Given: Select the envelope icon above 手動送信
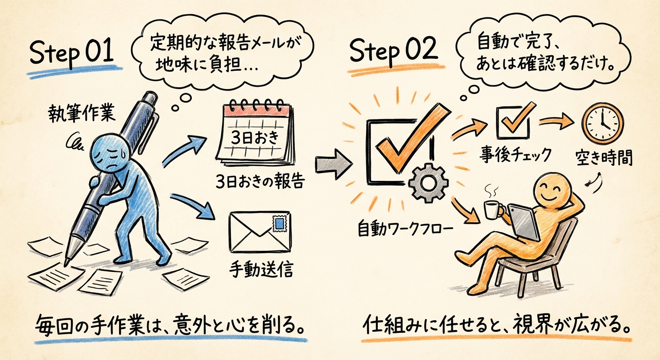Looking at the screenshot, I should [x=259, y=232].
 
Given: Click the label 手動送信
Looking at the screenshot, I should [x=261, y=270].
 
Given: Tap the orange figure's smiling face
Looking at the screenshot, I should [x=553, y=190].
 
